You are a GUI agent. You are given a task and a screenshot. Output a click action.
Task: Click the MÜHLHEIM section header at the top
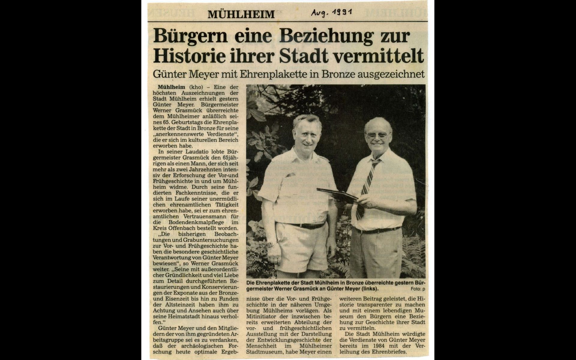[x=241, y=14]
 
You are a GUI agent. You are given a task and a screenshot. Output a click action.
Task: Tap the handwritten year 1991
[x=341, y=12]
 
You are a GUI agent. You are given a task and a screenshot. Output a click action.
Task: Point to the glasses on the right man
[x=377, y=135]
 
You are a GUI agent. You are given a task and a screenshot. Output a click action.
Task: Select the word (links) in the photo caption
[x=370, y=289]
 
